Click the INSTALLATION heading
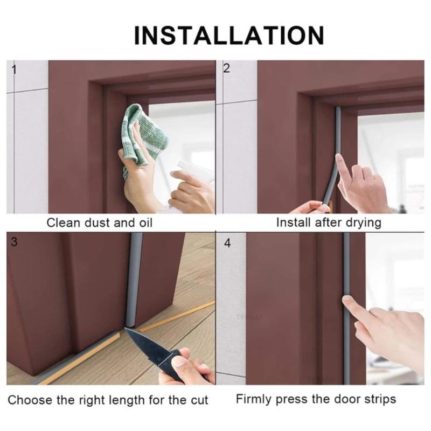(x=229, y=36)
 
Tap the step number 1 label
(x=14, y=69)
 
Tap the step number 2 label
(x=226, y=68)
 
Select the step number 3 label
(x=15, y=242)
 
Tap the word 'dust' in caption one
(x=98, y=223)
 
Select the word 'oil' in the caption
(x=145, y=223)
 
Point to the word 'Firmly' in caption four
(x=254, y=399)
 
